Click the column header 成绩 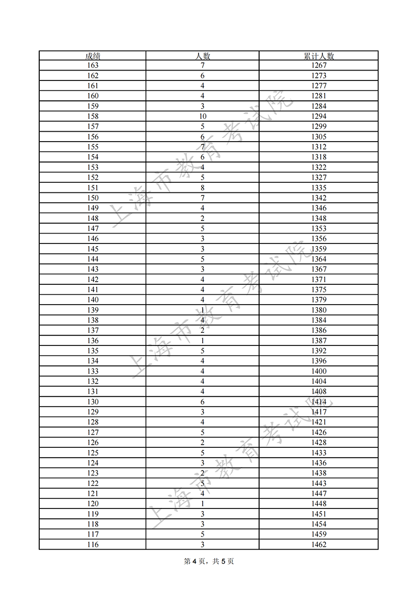point(92,56)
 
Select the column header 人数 point(202,56)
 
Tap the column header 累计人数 point(318,56)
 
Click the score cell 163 point(92,65)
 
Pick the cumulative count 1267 point(318,65)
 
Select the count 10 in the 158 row point(202,117)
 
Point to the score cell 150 point(92,198)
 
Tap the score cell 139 point(92,310)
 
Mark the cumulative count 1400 point(318,372)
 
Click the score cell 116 point(92,544)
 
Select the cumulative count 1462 point(318,544)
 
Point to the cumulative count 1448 point(318,504)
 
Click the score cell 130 point(92,402)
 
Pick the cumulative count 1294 point(318,117)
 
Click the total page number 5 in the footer point(224,561)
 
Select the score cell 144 point(92,259)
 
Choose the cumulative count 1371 point(318,280)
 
